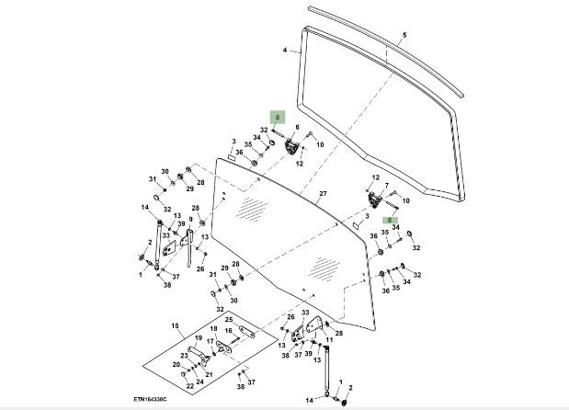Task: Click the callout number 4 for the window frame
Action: point(285,50)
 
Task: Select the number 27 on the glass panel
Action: point(323,194)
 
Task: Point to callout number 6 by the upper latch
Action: point(297,127)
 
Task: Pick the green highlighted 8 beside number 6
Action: point(278,118)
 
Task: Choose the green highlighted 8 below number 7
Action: point(390,221)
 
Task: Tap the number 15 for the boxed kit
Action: point(175,326)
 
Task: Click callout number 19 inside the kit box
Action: point(197,338)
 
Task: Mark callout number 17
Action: point(211,342)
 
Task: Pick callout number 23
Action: point(184,356)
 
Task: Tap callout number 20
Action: point(176,365)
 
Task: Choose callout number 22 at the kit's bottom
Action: point(190,385)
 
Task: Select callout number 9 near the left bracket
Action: point(190,220)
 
